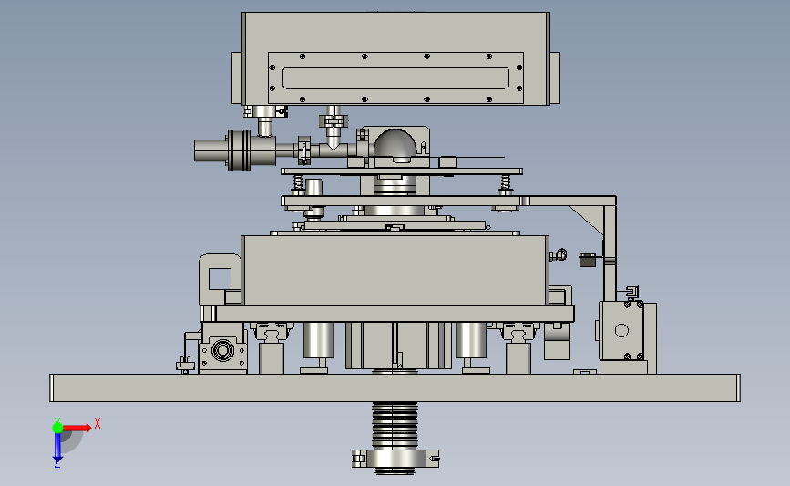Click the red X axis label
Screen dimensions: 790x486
coord(97,423)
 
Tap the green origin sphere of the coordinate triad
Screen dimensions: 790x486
coord(57,428)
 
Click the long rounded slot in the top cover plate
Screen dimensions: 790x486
coord(395,78)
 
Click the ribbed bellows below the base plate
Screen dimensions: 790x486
coord(395,425)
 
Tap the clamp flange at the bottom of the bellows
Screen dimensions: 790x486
coord(395,459)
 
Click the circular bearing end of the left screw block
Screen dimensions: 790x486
coord(222,350)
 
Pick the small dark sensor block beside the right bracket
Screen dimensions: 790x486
coord(587,260)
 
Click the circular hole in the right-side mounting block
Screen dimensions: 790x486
coord(621,331)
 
